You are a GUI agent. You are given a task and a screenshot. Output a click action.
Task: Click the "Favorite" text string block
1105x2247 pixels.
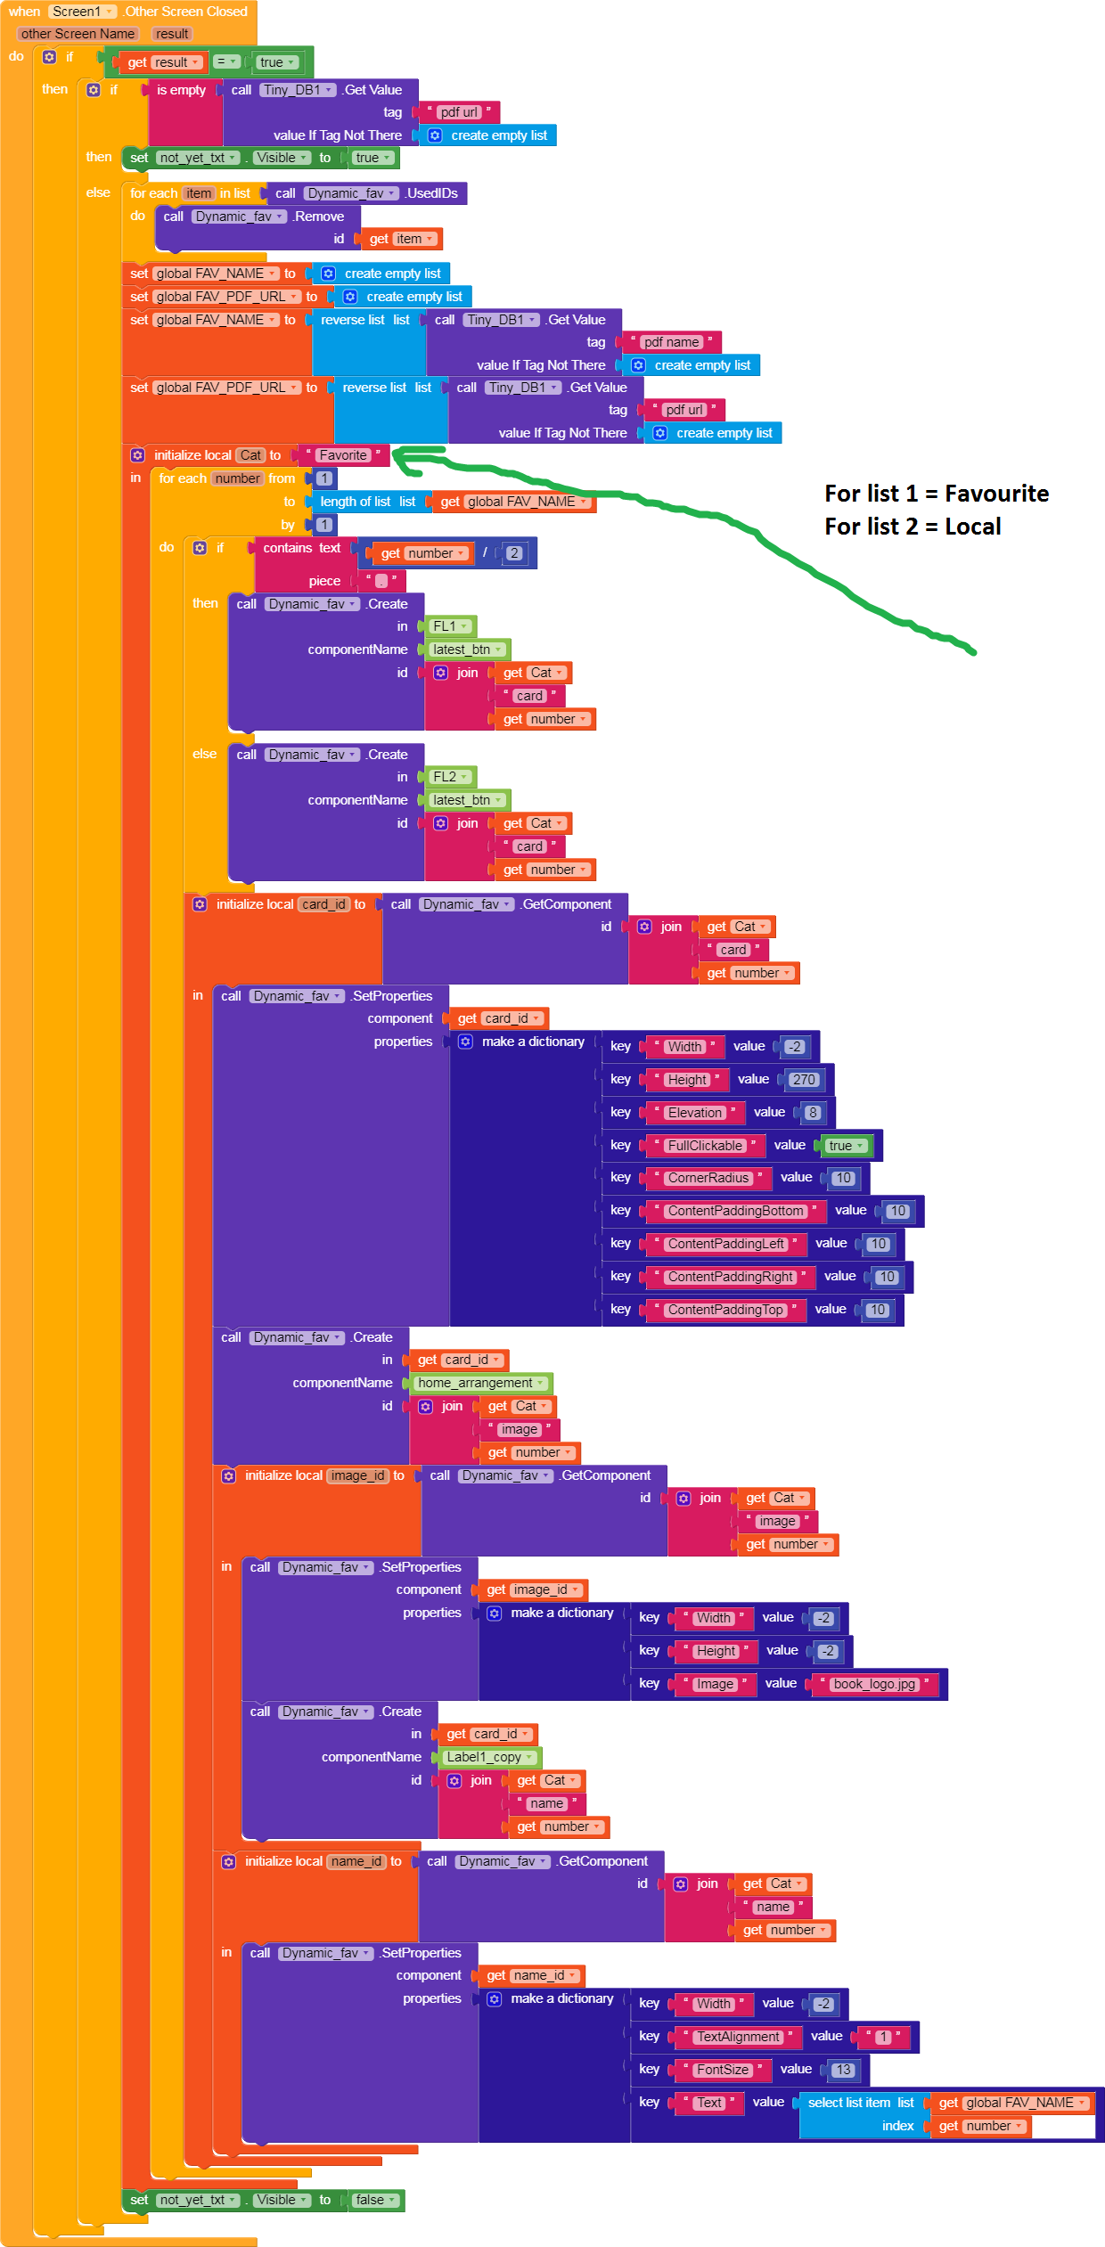coord(343,455)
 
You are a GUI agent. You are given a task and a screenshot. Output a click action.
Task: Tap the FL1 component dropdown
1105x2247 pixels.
coord(450,626)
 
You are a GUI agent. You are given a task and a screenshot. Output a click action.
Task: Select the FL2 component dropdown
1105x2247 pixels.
coord(450,777)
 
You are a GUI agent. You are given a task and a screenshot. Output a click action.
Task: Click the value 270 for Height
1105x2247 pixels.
coord(804,1080)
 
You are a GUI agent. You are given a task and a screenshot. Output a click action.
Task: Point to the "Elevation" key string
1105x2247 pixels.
coord(695,1113)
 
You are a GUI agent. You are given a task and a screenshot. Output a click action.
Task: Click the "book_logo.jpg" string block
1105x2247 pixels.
coord(874,1684)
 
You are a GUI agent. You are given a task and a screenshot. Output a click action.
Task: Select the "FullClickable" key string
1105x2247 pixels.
coord(705,1146)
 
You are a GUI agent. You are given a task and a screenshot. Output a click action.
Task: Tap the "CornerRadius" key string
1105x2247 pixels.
coord(708,1178)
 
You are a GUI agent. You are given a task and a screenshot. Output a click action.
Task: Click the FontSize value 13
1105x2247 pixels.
coord(843,2070)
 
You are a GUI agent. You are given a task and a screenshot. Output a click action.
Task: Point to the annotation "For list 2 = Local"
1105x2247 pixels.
coord(913,527)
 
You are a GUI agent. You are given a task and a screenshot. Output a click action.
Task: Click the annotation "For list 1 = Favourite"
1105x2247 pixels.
coord(937,494)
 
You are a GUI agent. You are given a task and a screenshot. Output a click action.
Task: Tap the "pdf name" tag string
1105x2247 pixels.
coord(671,342)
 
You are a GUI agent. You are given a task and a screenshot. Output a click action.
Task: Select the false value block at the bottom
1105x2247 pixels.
coord(375,2200)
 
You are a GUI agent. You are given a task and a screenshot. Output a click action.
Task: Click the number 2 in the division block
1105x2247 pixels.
coord(513,553)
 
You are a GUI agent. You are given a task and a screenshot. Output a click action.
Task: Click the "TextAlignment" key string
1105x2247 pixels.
coord(738,2037)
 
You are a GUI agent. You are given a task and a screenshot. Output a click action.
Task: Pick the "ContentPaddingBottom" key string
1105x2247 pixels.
coord(735,1211)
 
